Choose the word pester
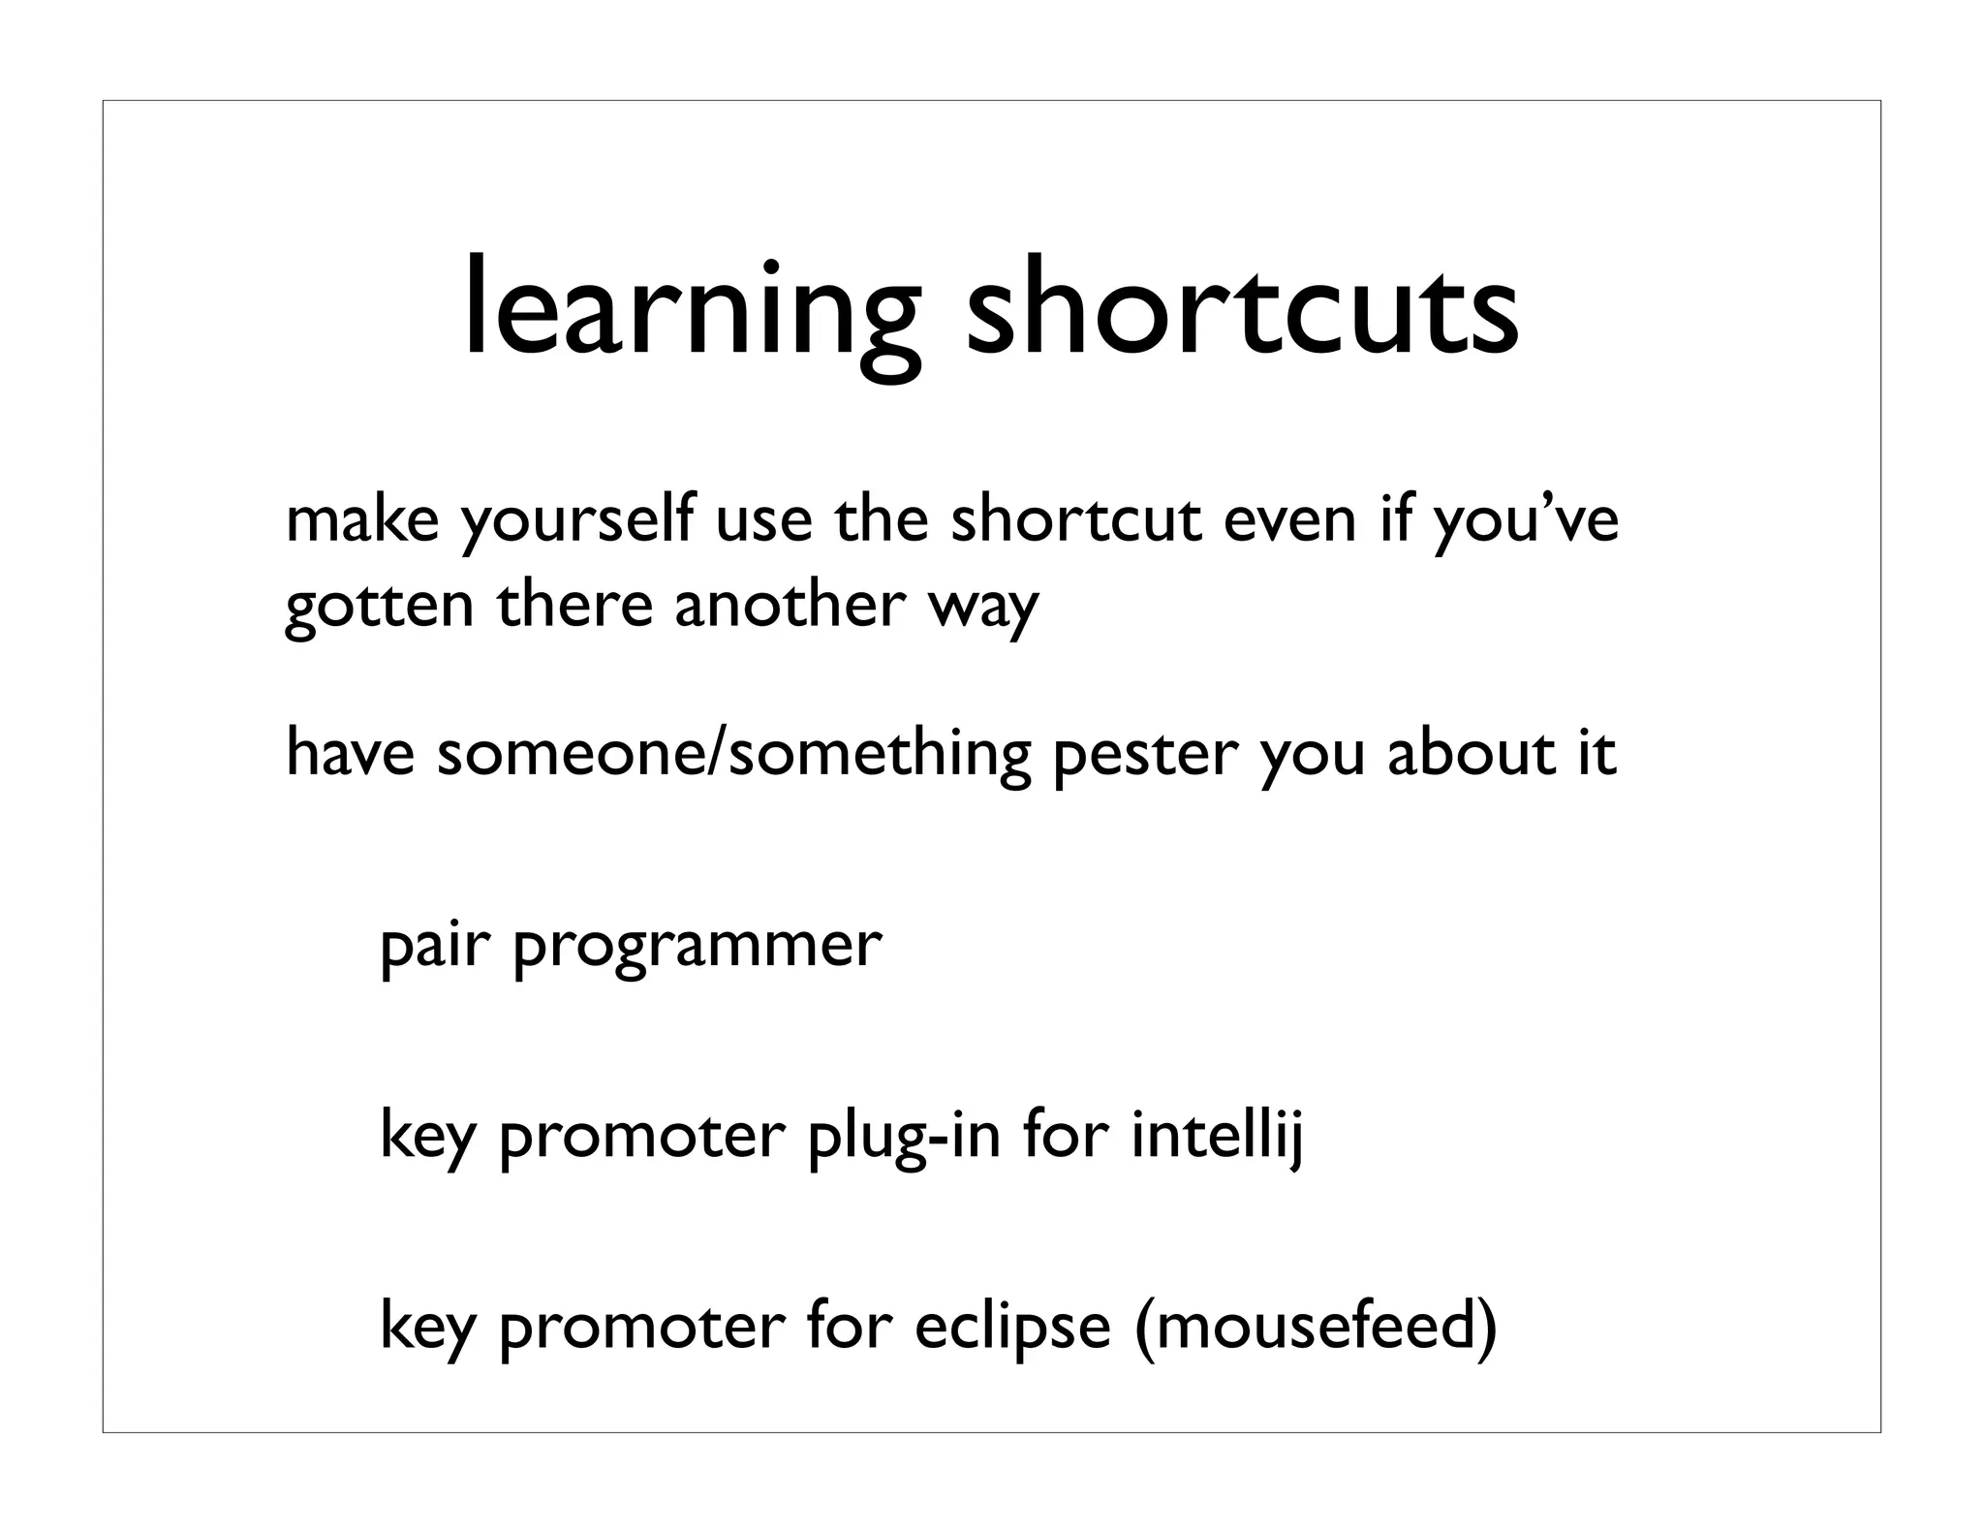click(1145, 756)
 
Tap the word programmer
click(697, 947)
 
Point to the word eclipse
click(1012, 1328)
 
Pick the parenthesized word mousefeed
click(1315, 1328)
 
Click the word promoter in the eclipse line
click(640, 1328)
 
